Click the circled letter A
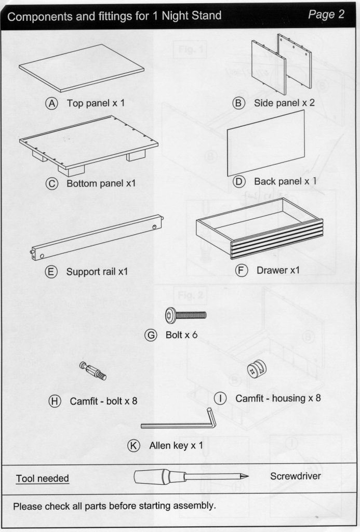tap(51, 103)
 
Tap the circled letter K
tap(134, 445)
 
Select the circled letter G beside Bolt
tap(151, 335)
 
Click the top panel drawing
tap(82, 68)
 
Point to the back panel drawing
tap(266, 143)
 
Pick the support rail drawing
tap(98, 237)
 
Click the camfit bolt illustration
tap(93, 371)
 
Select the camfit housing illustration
tap(256, 371)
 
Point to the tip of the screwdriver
tap(246, 476)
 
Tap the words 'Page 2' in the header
tap(326, 15)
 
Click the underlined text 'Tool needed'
tap(42, 478)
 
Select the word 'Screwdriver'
tap(295, 476)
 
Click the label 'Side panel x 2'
tap(284, 103)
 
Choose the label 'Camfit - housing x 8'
tap(278, 398)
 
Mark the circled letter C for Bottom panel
tap(52, 184)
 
